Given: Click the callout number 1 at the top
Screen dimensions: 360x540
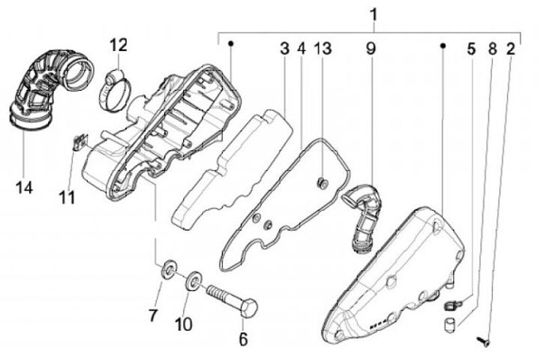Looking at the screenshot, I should coord(373,14).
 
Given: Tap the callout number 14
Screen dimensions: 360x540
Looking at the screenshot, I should coord(25,187).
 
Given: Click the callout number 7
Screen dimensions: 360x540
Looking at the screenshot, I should coord(154,316).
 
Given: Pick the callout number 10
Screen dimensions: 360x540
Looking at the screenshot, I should coord(184,323).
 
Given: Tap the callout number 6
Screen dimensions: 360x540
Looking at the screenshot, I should coord(242,338).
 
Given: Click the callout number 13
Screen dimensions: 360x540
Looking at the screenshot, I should coord(322,49).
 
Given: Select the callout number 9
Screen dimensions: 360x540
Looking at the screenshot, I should coord(370,49).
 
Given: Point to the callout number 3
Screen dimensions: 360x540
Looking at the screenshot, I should coord(285,49).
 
